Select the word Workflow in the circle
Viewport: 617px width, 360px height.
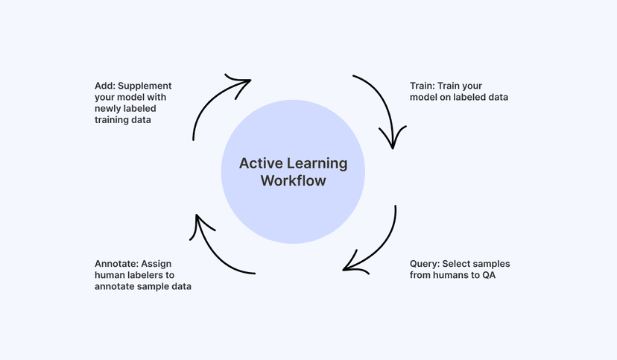pos(293,181)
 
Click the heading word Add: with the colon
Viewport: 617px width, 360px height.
pos(105,86)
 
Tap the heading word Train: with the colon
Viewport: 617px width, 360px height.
pos(423,86)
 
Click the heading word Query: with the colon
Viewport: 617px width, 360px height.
pos(425,264)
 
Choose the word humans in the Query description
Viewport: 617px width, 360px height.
pos(455,275)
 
